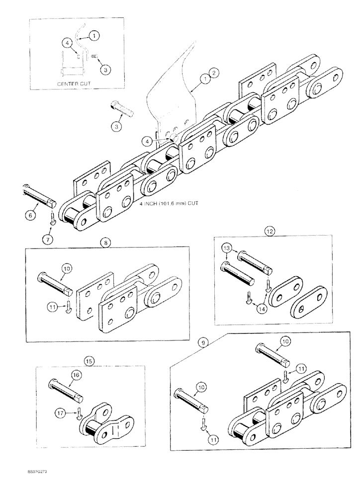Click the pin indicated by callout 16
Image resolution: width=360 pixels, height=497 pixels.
coord(66,391)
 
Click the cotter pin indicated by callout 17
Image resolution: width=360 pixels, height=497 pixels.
coord(79,412)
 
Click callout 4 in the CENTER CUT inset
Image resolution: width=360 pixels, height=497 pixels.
coord(66,43)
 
